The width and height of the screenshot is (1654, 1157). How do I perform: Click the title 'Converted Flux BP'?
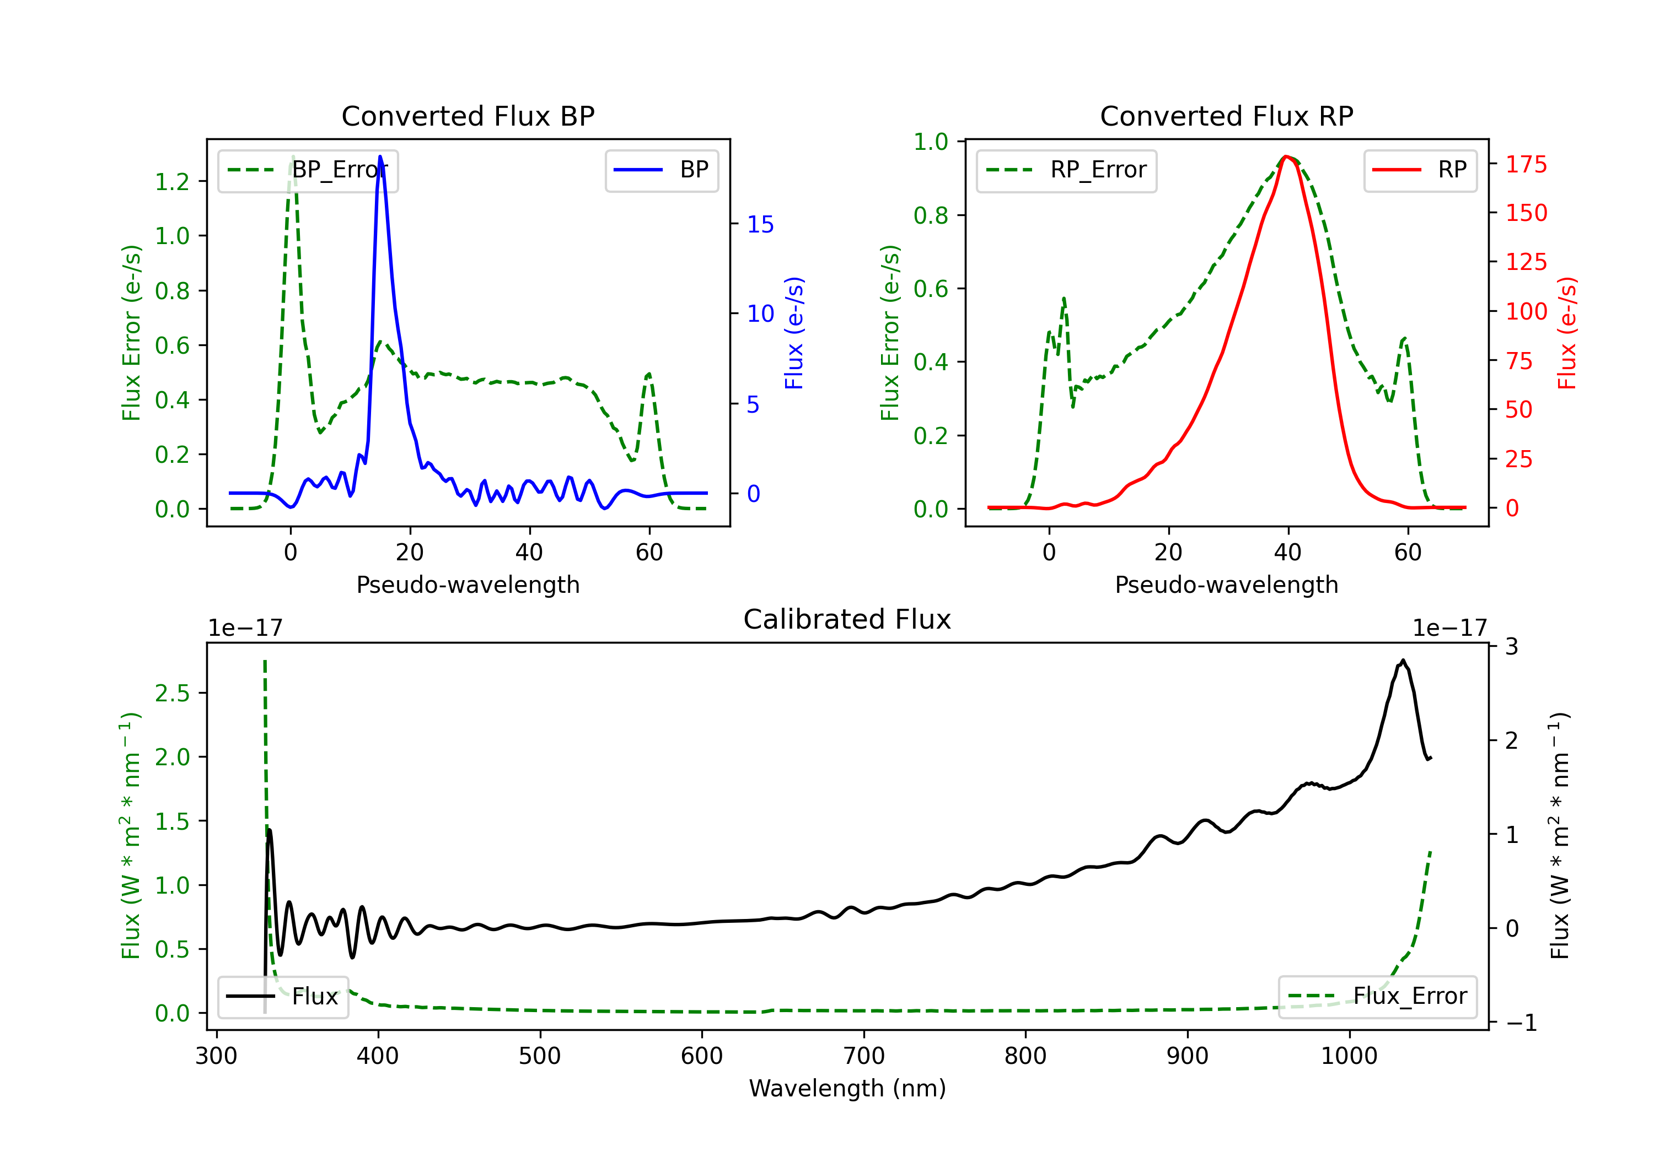(468, 116)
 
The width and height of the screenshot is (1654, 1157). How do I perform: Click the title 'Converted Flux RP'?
(1226, 116)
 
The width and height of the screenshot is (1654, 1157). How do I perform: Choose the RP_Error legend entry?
(1066, 170)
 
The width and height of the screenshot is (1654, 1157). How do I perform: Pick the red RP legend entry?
(1420, 170)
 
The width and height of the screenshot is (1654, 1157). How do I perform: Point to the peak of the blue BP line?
(380, 157)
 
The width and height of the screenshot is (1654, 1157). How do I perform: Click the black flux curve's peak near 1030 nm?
(1403, 660)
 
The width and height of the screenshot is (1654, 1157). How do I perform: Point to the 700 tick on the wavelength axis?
(864, 1056)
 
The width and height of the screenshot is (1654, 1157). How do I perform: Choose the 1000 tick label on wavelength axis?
(1349, 1056)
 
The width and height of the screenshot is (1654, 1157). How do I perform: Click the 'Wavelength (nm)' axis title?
(847, 1088)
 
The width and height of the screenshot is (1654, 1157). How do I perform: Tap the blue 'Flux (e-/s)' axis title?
(793, 333)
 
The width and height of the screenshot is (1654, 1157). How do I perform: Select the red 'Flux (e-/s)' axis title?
(1567, 333)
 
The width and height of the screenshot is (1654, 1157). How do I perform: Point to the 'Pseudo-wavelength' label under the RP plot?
(1226, 585)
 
